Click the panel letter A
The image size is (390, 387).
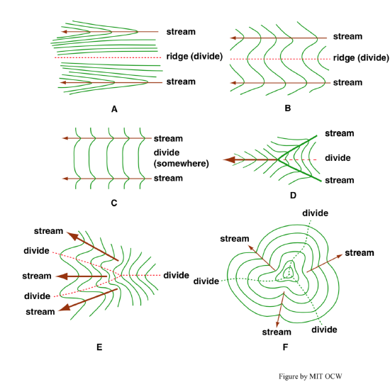pyautogui.click(x=114, y=109)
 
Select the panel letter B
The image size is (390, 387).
pyautogui.click(x=287, y=108)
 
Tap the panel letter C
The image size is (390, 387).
pyautogui.click(x=114, y=203)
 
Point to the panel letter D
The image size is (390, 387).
pyautogui.click(x=294, y=196)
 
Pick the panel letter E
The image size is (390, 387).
pyautogui.click(x=99, y=347)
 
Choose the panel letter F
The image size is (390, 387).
pyautogui.click(x=285, y=347)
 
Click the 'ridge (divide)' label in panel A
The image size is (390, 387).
pyautogui.click(x=194, y=57)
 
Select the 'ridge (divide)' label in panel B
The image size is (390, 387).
pyautogui.click(x=361, y=58)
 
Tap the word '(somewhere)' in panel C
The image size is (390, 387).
pyautogui.click(x=182, y=164)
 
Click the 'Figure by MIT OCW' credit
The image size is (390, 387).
pyautogui.click(x=311, y=376)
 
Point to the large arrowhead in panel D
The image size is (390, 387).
pyautogui.click(x=229, y=159)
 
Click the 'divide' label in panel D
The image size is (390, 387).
pyautogui.click(x=338, y=158)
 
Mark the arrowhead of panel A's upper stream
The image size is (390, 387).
pyautogui.click(x=64, y=32)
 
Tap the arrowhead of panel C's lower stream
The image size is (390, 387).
pyautogui.click(x=65, y=179)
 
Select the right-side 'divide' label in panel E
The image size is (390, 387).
pyautogui.click(x=176, y=275)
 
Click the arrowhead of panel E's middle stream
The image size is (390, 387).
pyautogui.click(x=62, y=276)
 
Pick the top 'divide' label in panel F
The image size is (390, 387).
pyautogui.click(x=315, y=213)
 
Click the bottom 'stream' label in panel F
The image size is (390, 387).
pyautogui.click(x=277, y=332)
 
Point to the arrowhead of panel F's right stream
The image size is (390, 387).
pyautogui.click(x=340, y=257)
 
